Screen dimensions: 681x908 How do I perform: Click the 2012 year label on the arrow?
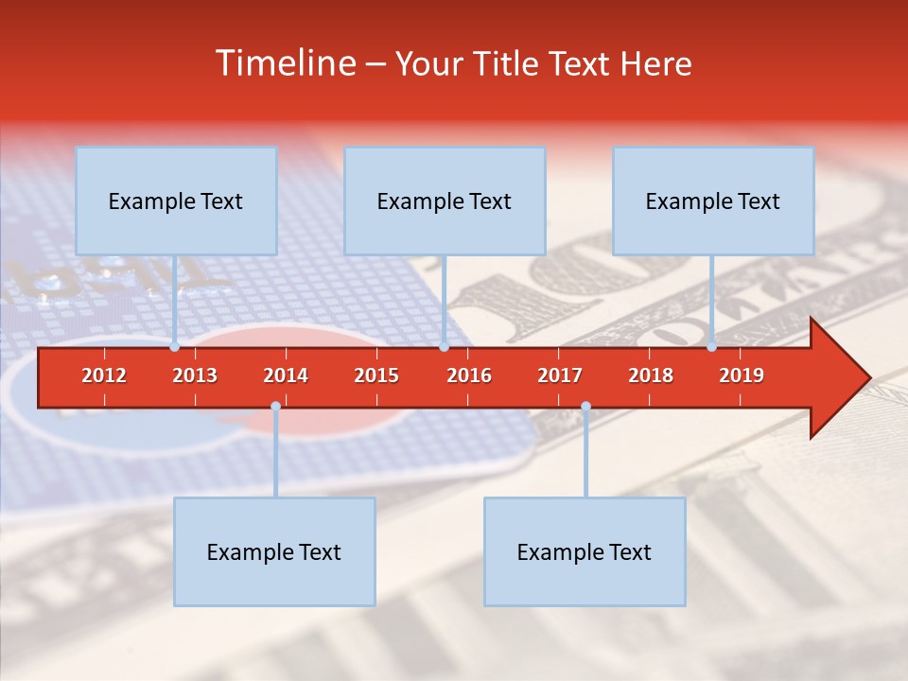coord(104,375)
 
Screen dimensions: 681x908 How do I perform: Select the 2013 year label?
coord(195,375)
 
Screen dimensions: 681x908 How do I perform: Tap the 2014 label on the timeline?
coord(286,375)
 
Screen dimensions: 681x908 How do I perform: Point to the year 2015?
coord(376,375)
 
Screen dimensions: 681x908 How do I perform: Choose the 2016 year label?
coord(469,375)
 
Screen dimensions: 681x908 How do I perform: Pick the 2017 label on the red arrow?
coord(560,375)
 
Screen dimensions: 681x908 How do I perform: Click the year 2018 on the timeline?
coord(651,375)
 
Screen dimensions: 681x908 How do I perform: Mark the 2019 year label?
coord(742,375)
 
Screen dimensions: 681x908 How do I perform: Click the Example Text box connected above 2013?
coord(176,201)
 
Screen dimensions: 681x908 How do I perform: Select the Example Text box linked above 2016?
coord(445,201)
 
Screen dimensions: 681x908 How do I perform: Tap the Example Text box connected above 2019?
coord(713,201)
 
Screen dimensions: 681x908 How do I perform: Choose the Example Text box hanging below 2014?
coord(274,551)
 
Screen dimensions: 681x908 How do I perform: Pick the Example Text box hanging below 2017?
coord(585,551)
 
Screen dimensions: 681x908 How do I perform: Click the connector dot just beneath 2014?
coord(275,407)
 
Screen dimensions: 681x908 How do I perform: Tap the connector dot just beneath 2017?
coord(585,407)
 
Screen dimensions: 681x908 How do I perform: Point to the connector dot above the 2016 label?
coord(444,346)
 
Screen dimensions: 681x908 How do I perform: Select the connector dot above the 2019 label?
coord(712,346)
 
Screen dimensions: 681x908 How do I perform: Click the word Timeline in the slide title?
coord(285,63)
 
